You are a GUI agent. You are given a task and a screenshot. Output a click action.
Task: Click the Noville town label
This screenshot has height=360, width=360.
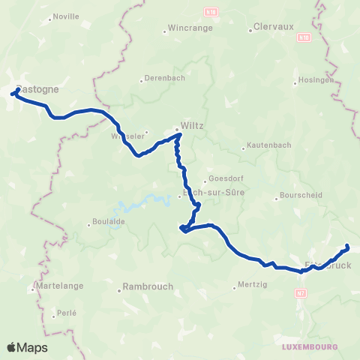tap(67, 16)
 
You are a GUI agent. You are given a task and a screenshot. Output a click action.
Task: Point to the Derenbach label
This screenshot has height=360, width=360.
tap(164, 77)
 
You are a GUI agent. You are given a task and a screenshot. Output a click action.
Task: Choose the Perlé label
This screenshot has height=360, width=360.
tap(67, 312)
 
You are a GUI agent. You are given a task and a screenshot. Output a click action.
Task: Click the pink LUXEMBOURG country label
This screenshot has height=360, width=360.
tap(310, 347)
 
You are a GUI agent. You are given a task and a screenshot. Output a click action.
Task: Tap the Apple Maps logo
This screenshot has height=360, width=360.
tap(27, 347)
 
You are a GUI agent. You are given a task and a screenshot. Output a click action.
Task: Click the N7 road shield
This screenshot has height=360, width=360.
tap(301, 292)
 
